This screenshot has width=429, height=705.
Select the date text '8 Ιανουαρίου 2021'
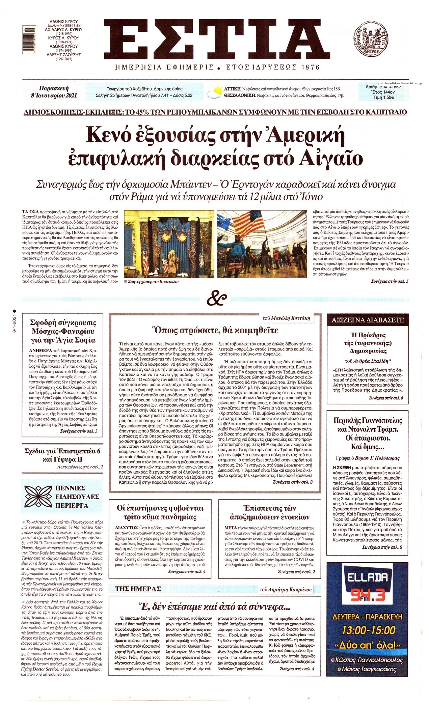tap(54, 95)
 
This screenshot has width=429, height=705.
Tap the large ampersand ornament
tap(214, 299)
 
